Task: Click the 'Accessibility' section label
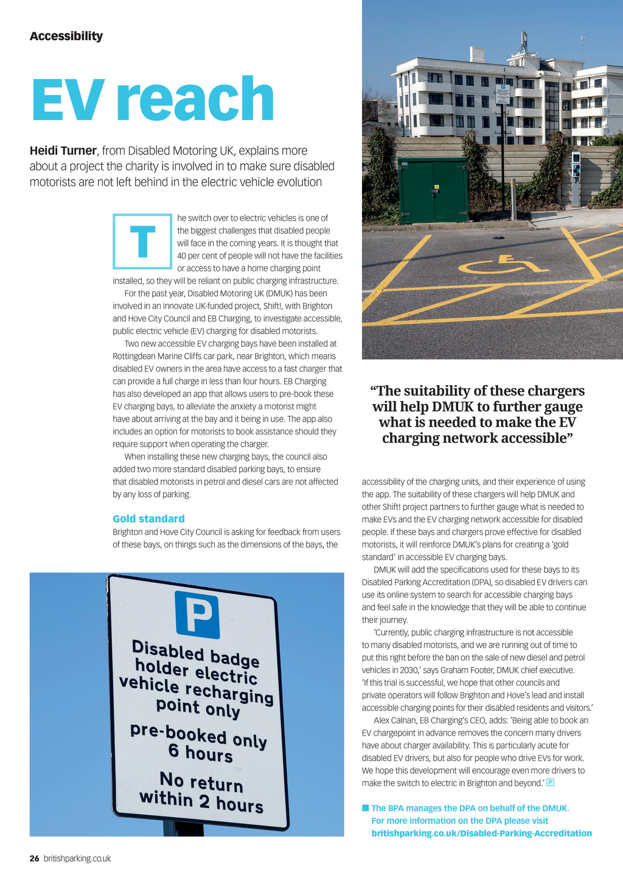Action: point(66,37)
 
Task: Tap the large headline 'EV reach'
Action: point(153,99)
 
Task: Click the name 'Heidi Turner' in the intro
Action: point(63,151)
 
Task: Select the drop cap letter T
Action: point(142,242)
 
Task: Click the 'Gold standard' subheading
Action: point(148,519)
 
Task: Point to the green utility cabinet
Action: point(433,190)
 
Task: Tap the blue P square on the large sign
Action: point(197,615)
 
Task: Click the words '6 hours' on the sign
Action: point(201,753)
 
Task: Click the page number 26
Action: point(35,858)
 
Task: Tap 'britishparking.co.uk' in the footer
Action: point(77,858)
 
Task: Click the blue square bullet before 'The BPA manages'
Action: point(366,808)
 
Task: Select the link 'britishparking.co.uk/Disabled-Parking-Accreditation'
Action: point(481,833)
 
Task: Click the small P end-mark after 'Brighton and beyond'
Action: point(551,782)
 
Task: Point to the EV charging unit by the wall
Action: point(576,176)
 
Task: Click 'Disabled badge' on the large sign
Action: point(195,653)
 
